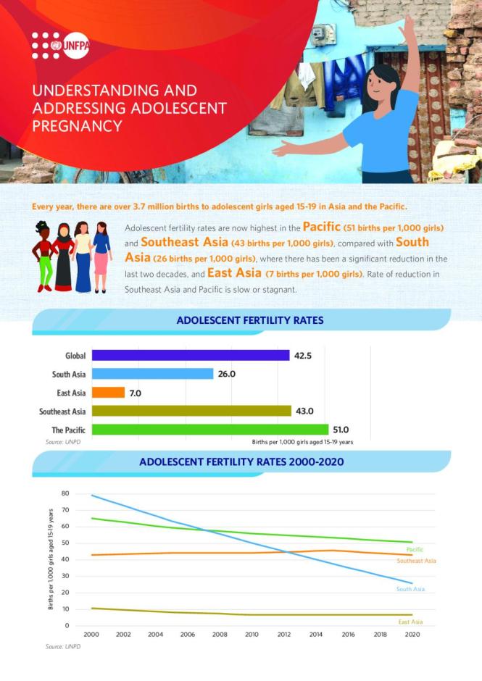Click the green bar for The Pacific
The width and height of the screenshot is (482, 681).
(209, 430)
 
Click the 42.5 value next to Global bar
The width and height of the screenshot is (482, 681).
(303, 355)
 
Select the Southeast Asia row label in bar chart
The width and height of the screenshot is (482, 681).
(62, 411)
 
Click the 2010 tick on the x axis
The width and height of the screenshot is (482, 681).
(252, 634)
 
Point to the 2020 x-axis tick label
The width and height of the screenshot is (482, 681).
(412, 634)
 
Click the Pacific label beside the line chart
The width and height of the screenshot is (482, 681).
(415, 550)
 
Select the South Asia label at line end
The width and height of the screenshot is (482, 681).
(410, 589)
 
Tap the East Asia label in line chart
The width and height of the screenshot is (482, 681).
(410, 622)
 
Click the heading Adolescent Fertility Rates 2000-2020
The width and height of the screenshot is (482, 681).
(241, 461)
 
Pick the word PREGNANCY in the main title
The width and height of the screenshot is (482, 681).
(76, 125)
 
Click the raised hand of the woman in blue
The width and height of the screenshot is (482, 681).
(407, 25)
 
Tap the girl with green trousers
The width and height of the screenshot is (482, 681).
(44, 257)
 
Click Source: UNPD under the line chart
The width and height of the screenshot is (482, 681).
(62, 646)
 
